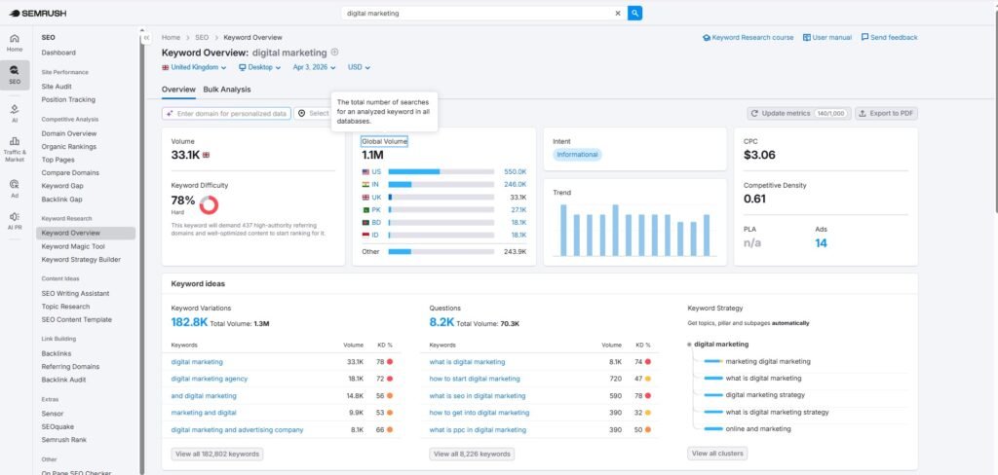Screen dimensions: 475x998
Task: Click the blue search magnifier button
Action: [x=634, y=14]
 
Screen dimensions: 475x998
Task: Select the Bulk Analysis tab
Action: [x=227, y=90]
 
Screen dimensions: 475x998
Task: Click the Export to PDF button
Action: [x=886, y=114]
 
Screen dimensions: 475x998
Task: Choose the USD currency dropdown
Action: [x=359, y=68]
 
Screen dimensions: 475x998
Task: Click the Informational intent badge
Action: [x=577, y=155]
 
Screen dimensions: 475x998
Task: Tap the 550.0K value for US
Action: [x=515, y=171]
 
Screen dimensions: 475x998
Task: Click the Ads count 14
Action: [x=821, y=242]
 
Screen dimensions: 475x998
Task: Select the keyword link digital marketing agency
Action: [x=209, y=379]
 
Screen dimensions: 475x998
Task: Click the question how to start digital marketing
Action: [x=475, y=379]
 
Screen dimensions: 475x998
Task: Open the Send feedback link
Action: [x=889, y=37]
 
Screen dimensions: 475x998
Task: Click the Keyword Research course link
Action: [x=748, y=37]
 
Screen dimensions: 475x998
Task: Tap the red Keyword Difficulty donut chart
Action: [x=209, y=204]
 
